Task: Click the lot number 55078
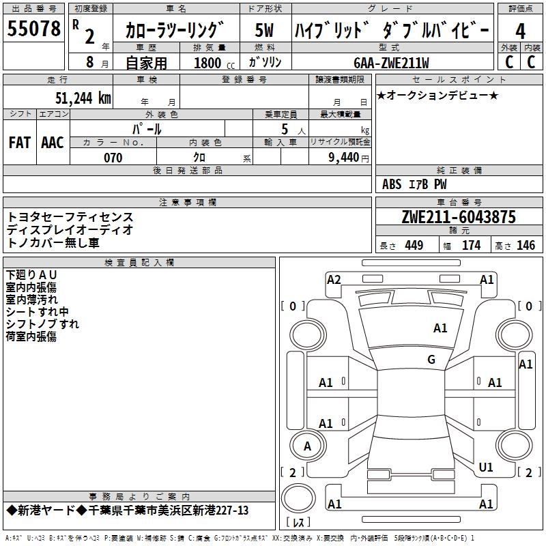[34, 29]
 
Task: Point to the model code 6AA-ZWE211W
[391, 63]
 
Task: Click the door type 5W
[265, 30]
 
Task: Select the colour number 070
[113, 158]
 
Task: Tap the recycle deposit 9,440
[343, 158]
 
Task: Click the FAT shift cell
[20, 142]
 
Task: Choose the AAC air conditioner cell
[53, 142]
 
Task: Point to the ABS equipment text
[392, 184]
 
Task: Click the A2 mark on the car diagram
[334, 279]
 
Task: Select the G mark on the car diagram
[431, 360]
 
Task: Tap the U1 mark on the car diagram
[486, 468]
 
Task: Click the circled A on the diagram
[307, 446]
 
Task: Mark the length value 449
[414, 245]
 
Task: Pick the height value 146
[526, 245]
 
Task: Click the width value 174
[471, 245]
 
